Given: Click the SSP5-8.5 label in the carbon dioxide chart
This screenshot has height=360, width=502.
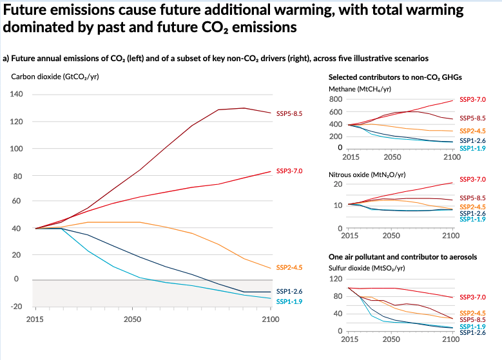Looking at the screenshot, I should pos(289,113).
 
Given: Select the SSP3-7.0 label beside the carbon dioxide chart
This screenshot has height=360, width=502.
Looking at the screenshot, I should pos(289,171).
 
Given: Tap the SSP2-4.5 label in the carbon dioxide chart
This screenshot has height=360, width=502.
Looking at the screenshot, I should pos(289,267).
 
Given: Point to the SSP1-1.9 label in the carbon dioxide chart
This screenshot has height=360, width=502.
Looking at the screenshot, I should pos(289,301).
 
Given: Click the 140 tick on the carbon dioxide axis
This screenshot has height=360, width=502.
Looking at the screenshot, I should pos(17,95).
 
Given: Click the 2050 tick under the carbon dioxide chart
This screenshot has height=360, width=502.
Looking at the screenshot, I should pos(133,319).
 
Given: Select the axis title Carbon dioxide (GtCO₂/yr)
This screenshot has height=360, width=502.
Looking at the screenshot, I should pos(55,77).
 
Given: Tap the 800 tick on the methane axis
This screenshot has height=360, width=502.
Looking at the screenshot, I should pos(335,100).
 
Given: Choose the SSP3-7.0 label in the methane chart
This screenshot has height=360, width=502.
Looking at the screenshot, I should pos(472,100).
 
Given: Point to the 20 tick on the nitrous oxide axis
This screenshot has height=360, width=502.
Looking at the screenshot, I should pos(337,185).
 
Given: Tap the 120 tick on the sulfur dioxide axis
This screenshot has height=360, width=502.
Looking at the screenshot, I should pos(335,279).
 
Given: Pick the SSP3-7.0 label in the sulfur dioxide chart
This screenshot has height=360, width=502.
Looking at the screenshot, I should pos(472,298).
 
